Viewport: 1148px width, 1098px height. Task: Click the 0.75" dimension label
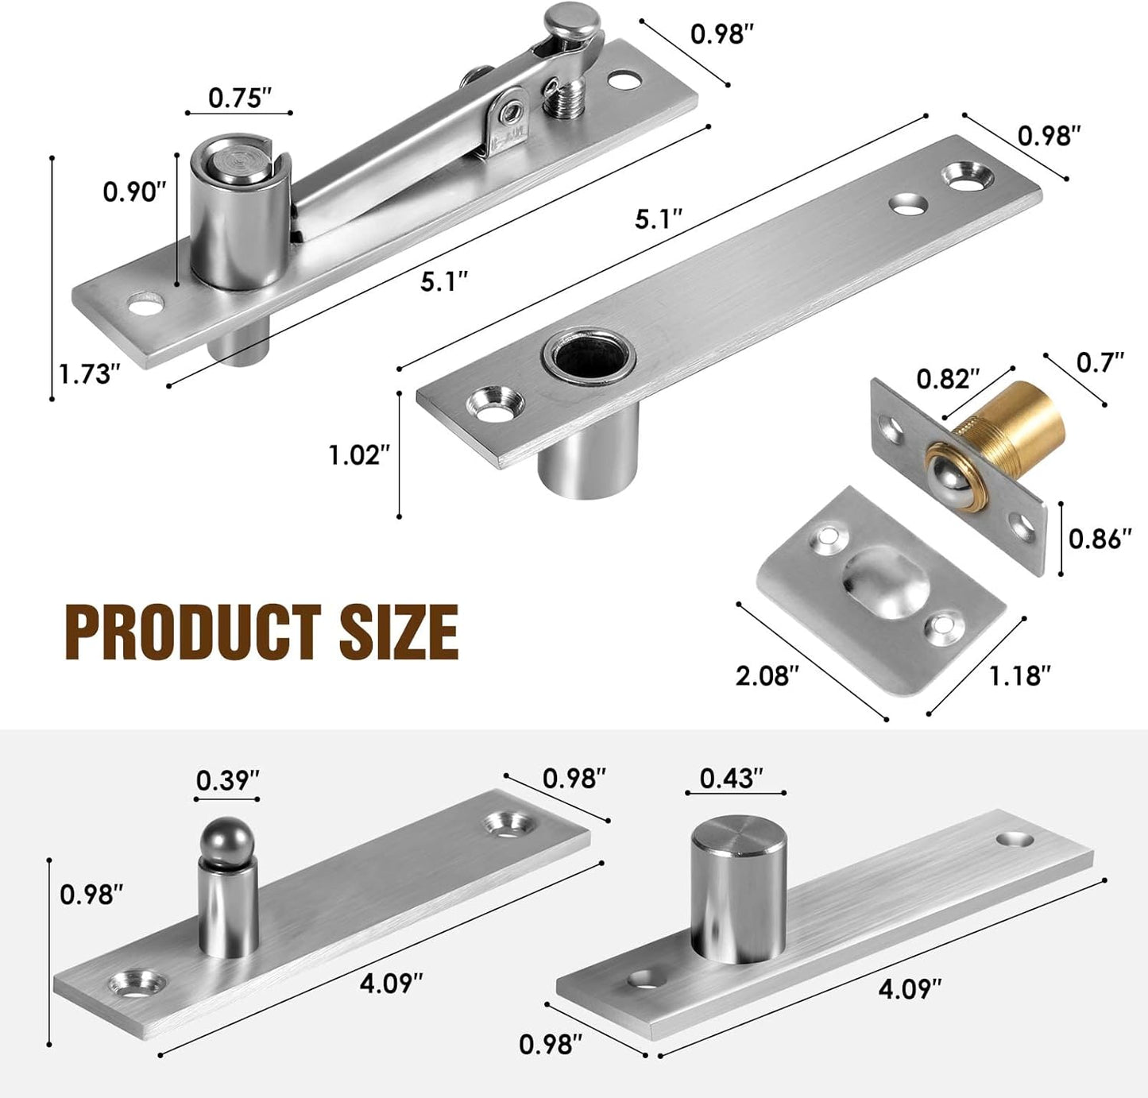(x=240, y=98)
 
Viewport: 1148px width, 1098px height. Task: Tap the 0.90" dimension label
(x=135, y=192)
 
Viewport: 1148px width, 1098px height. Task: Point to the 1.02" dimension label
(x=360, y=455)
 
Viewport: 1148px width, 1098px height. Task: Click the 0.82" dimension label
(x=948, y=379)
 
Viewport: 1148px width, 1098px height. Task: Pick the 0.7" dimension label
(x=1100, y=362)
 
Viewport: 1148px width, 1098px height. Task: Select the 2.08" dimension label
(x=767, y=676)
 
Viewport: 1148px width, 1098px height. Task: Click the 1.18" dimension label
(x=1020, y=676)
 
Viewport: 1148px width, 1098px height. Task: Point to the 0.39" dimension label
(x=228, y=780)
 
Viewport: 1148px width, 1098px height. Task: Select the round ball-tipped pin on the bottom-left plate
(x=228, y=842)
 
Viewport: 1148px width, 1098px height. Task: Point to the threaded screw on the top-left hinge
(x=563, y=99)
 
